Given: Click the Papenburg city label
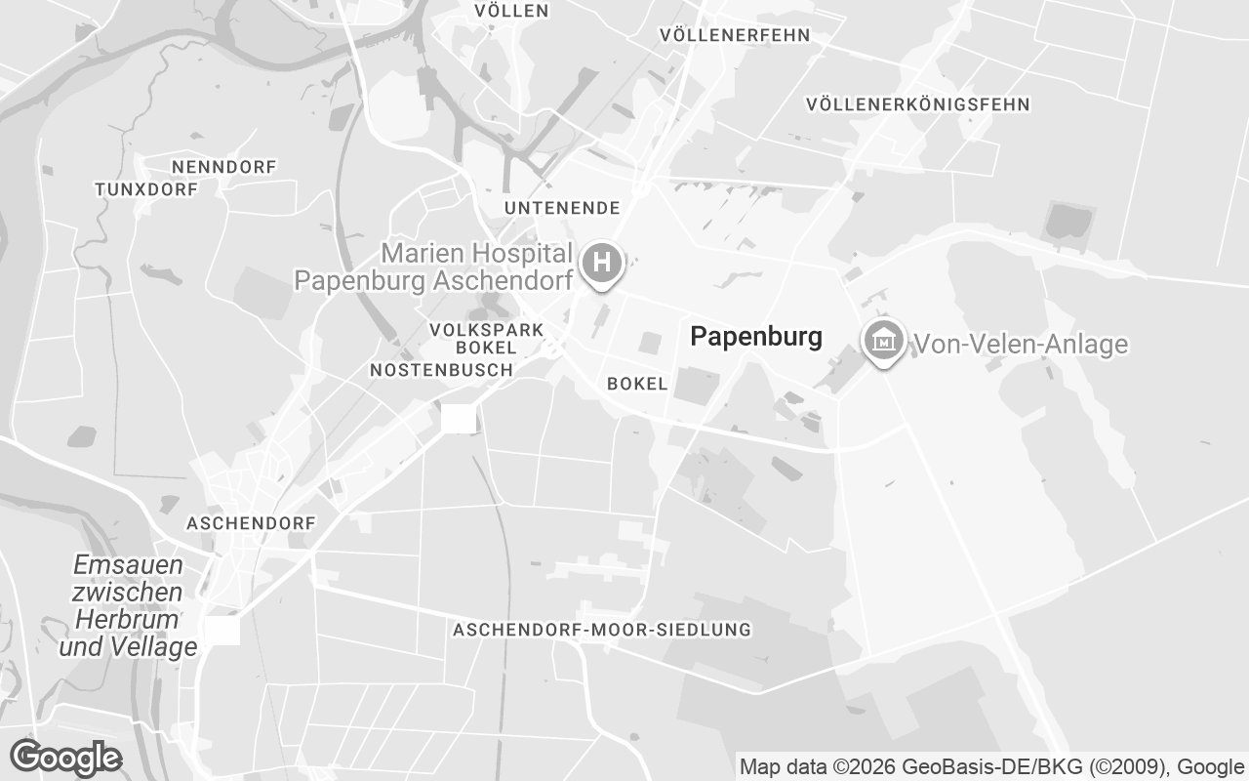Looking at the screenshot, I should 755,337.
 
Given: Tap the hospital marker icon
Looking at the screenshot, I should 602,264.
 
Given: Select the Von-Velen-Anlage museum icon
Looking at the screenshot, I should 884,342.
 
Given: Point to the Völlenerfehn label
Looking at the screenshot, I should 735,35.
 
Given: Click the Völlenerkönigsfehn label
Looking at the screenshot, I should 918,103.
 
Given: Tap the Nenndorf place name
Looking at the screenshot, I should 223,167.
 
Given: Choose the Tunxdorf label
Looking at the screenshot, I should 146,189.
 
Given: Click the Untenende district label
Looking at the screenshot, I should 562,208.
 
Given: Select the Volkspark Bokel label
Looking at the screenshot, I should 486,339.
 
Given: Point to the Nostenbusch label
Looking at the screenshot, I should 441,370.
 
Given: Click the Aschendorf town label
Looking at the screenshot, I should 251,523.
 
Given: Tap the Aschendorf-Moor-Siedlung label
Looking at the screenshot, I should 602,630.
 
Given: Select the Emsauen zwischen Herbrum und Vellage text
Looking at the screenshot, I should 128,605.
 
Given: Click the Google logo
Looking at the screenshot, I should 65,758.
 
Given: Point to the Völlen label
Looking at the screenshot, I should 511,11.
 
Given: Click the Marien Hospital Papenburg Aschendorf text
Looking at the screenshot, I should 434,267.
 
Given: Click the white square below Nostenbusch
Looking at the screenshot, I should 459,419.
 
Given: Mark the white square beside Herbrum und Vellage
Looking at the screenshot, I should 222,630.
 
